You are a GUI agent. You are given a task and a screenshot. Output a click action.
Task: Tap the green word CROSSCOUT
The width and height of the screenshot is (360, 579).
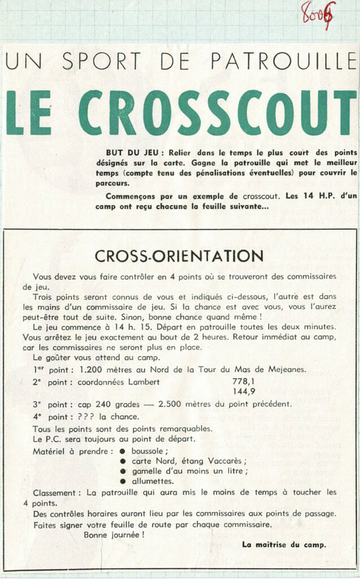click(218, 112)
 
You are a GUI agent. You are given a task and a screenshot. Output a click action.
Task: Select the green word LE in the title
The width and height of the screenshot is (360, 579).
click(29, 112)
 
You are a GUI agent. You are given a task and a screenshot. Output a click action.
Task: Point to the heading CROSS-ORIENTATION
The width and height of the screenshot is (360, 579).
click(179, 256)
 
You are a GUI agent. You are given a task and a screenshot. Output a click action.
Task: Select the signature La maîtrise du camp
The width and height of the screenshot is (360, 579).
click(283, 545)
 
